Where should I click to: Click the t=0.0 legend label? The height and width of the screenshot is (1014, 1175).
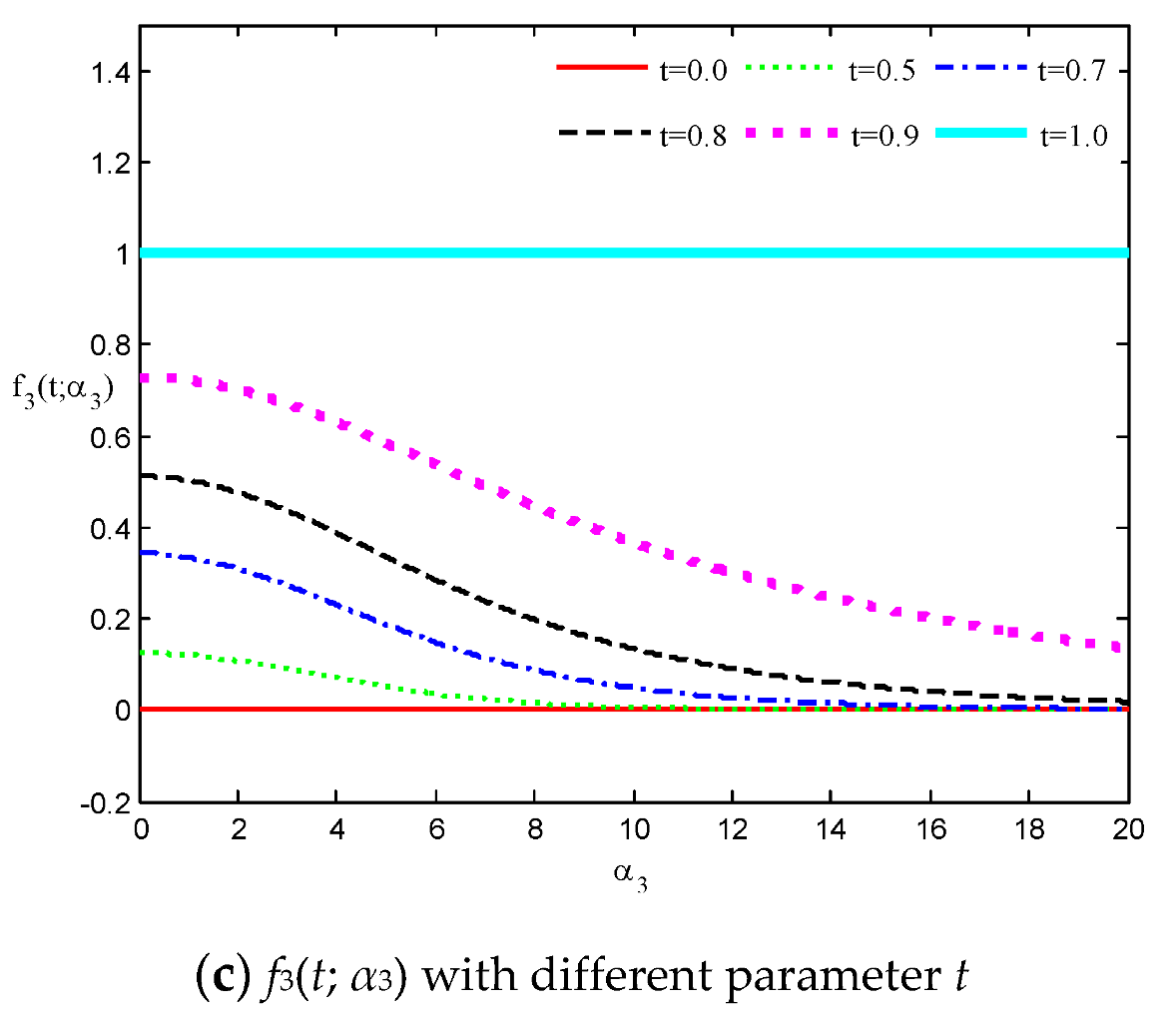pyautogui.click(x=693, y=71)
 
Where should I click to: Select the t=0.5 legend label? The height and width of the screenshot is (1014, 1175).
pyautogui.click(x=882, y=71)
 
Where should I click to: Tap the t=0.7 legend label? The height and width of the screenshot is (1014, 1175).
pyautogui.click(x=1073, y=71)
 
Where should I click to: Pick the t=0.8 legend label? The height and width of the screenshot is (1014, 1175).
pyautogui.click(x=693, y=136)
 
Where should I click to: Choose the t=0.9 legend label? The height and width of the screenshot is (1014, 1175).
pyautogui.click(x=883, y=136)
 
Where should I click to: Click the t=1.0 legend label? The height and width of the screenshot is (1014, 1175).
pyautogui.click(x=1074, y=136)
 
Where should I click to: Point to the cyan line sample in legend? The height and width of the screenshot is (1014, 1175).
pyautogui.click(x=980, y=133)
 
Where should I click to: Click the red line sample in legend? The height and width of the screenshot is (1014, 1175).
pyautogui.click(x=601, y=68)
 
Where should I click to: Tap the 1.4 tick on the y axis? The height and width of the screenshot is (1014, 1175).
pyautogui.click(x=110, y=72)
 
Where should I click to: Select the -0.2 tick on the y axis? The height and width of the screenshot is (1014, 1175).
pyautogui.click(x=107, y=802)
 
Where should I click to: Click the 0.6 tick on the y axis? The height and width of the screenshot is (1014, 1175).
pyautogui.click(x=110, y=437)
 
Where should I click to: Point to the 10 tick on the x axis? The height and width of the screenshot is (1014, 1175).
pyautogui.click(x=635, y=828)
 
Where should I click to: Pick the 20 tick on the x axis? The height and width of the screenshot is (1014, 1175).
pyautogui.click(x=1127, y=828)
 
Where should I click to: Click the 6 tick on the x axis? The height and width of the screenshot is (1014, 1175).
pyautogui.click(x=437, y=828)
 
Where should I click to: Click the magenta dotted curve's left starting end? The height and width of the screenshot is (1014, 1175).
pyautogui.click(x=146, y=378)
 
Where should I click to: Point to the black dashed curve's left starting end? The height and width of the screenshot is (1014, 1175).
pyautogui.click(x=146, y=476)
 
